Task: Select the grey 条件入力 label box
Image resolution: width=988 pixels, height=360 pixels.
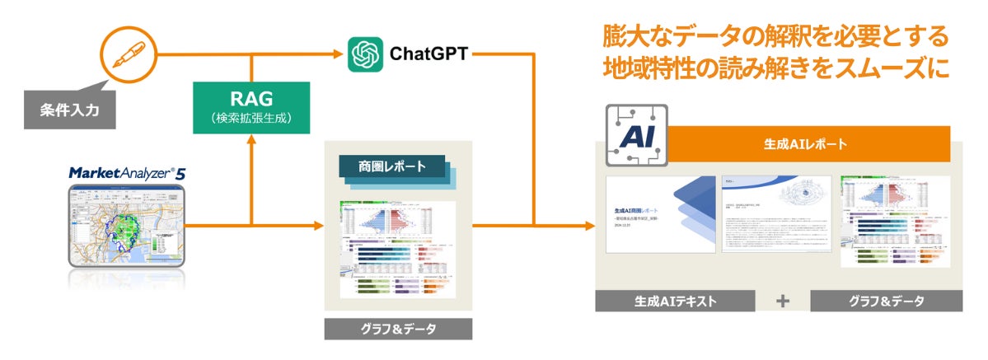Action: (x=70, y=110)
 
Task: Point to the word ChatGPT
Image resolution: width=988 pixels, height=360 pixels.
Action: (x=428, y=54)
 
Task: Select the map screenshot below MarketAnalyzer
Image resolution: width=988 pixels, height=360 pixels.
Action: (x=127, y=227)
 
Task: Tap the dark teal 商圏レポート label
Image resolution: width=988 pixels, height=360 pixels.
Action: (x=392, y=166)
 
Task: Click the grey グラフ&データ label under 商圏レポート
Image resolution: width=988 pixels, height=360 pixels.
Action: (x=398, y=329)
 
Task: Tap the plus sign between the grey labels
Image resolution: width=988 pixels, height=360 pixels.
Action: (x=782, y=301)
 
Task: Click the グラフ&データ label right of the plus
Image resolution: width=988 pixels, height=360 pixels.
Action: (x=886, y=301)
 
